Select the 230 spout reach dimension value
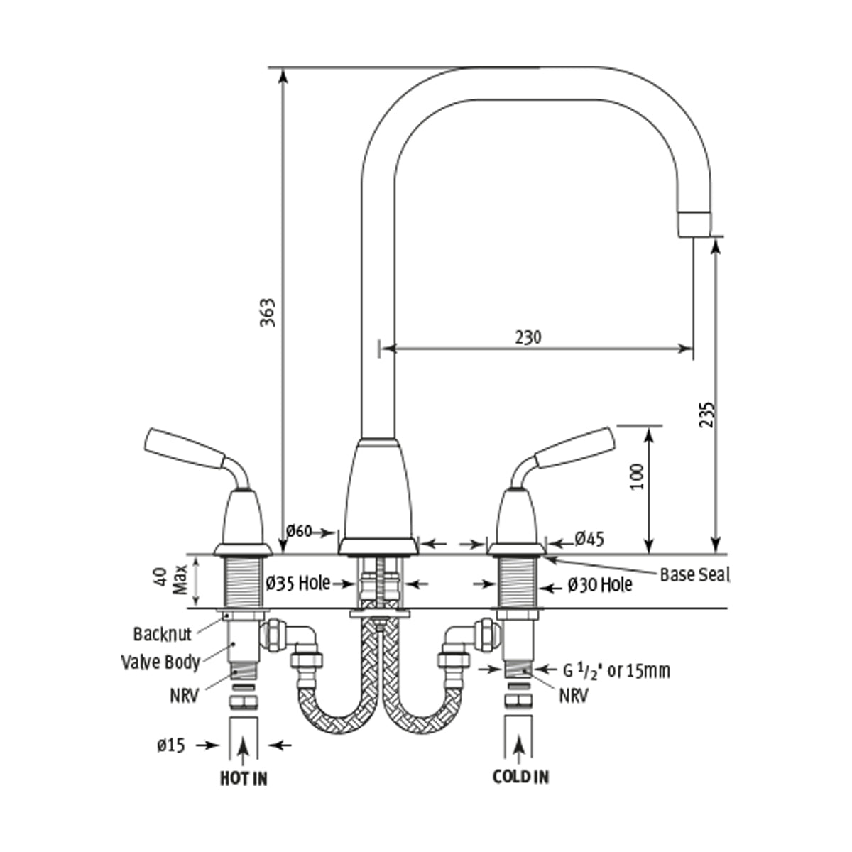[x=528, y=337]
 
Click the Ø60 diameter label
[x=299, y=531]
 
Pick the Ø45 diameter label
[x=589, y=539]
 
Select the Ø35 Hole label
[x=298, y=583]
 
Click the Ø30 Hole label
[x=600, y=585]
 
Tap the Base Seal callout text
[x=694, y=574]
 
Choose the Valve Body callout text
[x=160, y=662]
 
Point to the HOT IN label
[x=244, y=778]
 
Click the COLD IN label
[x=520, y=777]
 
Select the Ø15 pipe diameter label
[x=171, y=745]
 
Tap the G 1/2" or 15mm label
[x=616, y=670]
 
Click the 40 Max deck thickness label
[x=170, y=581]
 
